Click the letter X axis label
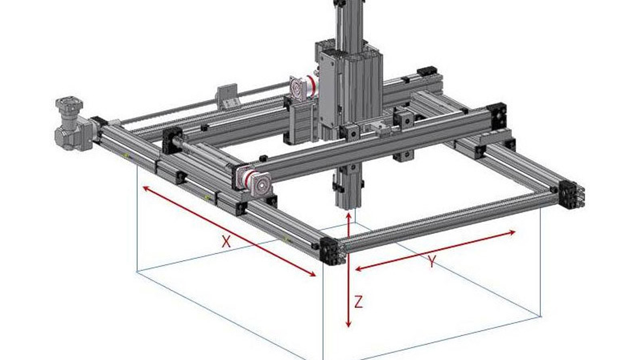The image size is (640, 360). (226, 242)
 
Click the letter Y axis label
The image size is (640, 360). (432, 261)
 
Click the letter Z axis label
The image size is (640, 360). (359, 302)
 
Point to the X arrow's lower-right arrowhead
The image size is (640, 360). (312, 274)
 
